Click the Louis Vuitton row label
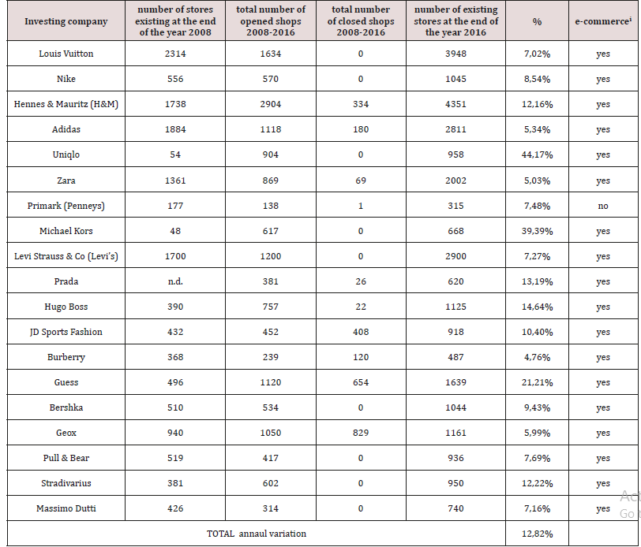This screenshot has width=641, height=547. (66, 54)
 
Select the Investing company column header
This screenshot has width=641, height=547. (66, 21)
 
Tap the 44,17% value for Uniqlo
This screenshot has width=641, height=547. (537, 155)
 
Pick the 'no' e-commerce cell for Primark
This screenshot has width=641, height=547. (603, 206)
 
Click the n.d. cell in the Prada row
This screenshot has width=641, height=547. (175, 281)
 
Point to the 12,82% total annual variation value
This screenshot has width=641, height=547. (537, 534)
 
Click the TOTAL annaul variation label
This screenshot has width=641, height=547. (257, 534)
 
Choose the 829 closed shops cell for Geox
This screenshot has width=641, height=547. (361, 433)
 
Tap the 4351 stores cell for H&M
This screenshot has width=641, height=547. (455, 104)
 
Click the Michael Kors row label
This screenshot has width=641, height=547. (66, 231)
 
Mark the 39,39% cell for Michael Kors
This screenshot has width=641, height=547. (537, 231)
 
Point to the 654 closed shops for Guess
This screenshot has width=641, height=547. (361, 382)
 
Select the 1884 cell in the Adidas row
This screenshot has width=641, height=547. (175, 129)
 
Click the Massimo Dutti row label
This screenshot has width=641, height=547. (66, 508)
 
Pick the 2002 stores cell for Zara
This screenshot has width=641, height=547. (455, 180)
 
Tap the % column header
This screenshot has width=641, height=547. (537, 21)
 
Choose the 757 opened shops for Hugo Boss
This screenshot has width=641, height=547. (270, 307)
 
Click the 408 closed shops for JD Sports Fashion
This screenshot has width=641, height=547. (361, 332)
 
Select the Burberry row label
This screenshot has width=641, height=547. (66, 357)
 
